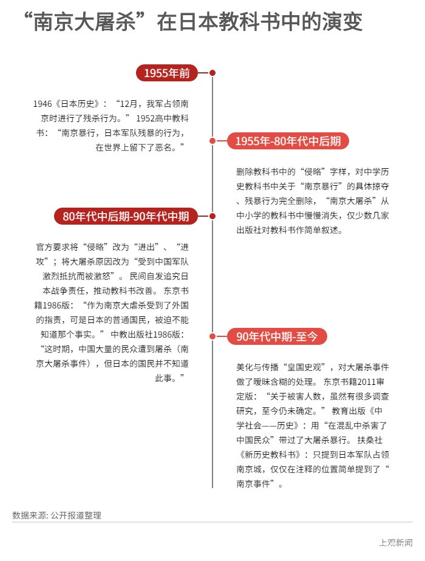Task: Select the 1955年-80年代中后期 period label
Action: [288, 141]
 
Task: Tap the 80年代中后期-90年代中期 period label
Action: [126, 216]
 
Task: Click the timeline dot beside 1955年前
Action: [212, 73]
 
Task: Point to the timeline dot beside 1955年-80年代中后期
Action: [212, 141]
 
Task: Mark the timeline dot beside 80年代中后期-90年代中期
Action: [212, 216]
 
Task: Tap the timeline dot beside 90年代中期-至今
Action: [212, 336]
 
